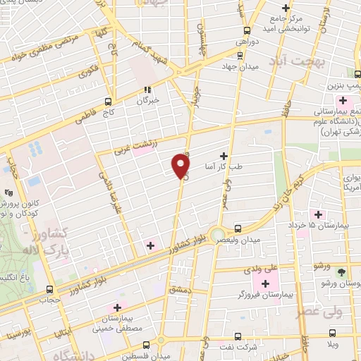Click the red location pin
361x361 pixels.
(181, 167)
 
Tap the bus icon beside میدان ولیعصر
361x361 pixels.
(238, 228)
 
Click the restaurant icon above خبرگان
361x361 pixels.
(147, 90)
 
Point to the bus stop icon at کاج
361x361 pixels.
(108, 101)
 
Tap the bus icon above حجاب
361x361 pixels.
(49, 289)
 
